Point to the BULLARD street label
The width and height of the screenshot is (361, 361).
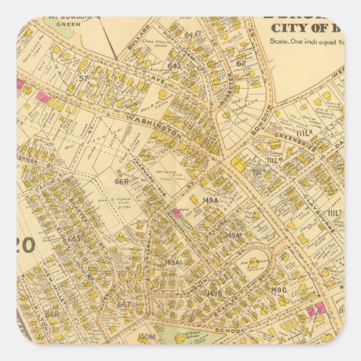138,41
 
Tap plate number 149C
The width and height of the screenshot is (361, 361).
279,289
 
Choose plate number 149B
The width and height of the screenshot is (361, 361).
215,293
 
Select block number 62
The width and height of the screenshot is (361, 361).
240,63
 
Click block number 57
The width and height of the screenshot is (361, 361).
84,78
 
